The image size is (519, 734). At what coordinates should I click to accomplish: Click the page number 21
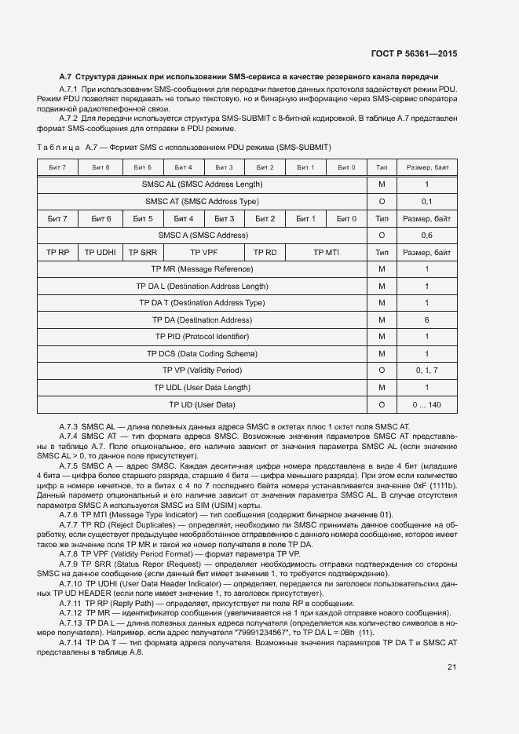pyautogui.click(x=451, y=667)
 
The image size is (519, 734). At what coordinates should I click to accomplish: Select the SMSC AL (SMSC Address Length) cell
pyautogui.click(x=202, y=184)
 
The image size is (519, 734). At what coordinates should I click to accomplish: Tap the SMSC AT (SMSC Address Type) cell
pyautogui.click(x=202, y=201)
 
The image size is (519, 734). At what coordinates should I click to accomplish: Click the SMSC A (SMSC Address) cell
pyautogui.click(x=202, y=236)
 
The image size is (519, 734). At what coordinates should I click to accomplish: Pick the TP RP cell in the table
pyautogui.click(x=58, y=252)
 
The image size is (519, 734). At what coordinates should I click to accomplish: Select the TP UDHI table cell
pyautogui.click(x=101, y=252)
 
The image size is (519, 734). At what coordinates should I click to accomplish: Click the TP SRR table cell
pyautogui.click(x=142, y=252)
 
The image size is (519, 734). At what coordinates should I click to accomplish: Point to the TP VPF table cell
pyautogui.click(x=203, y=252)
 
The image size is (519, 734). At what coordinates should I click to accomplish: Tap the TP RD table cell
pyautogui.click(x=265, y=252)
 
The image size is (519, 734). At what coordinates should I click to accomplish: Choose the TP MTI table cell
pyautogui.click(x=326, y=252)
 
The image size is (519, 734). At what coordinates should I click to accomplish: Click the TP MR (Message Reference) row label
pyautogui.click(x=202, y=269)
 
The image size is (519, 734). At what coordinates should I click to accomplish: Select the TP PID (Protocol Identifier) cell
pyautogui.click(x=202, y=337)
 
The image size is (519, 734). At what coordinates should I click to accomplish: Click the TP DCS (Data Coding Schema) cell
pyautogui.click(x=202, y=354)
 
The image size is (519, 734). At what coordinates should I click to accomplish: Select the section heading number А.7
pyautogui.click(x=66, y=77)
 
